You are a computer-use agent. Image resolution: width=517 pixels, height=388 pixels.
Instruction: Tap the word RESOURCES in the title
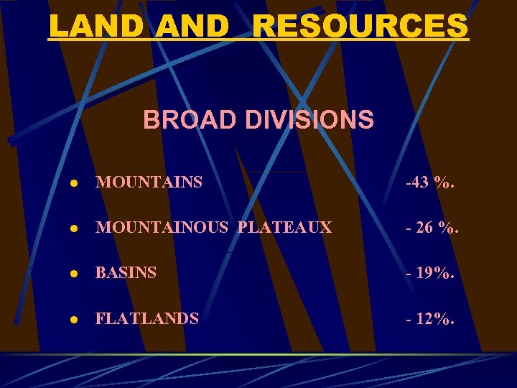pos(361,27)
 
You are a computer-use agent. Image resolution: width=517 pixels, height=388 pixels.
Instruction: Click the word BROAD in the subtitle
pos(190,119)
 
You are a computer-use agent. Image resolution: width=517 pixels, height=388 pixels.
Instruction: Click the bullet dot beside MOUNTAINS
pos(74,183)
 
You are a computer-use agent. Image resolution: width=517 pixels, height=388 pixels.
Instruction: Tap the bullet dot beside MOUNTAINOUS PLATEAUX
pos(74,228)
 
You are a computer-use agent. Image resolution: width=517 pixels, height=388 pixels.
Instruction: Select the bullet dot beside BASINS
pos(74,274)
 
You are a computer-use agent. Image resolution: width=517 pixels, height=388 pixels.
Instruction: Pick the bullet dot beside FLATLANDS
pos(74,319)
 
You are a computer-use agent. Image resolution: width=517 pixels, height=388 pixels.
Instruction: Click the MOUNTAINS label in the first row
pos(149,183)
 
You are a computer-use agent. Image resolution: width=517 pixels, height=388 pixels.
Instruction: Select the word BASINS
pos(126,273)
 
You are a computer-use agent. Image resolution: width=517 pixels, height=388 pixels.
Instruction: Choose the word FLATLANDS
pos(147,318)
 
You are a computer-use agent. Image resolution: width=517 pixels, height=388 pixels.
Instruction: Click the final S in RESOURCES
pos(457,27)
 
